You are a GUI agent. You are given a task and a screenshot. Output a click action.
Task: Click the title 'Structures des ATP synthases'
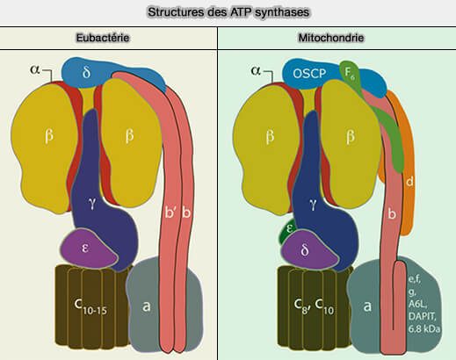tap(228, 12)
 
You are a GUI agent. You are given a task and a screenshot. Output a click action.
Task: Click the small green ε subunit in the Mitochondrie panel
tap(288, 234)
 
